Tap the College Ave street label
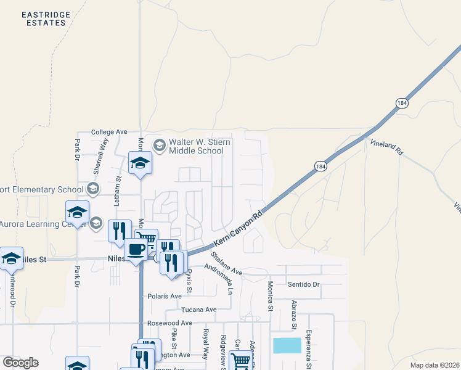pyautogui.click(x=108, y=132)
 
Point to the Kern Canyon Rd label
pyautogui.click(x=238, y=229)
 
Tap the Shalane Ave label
pyautogui.click(x=226, y=263)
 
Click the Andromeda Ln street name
pyautogui.click(x=222, y=278)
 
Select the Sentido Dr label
pyautogui.click(x=304, y=284)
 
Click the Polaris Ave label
pyautogui.click(x=165, y=296)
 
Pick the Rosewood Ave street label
pyautogui.click(x=169, y=323)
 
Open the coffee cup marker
pyautogui.click(x=136, y=249)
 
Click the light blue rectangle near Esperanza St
pyautogui.click(x=287, y=345)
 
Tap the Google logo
pyautogui.click(x=20, y=363)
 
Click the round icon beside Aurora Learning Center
pyautogui.click(x=96, y=223)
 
